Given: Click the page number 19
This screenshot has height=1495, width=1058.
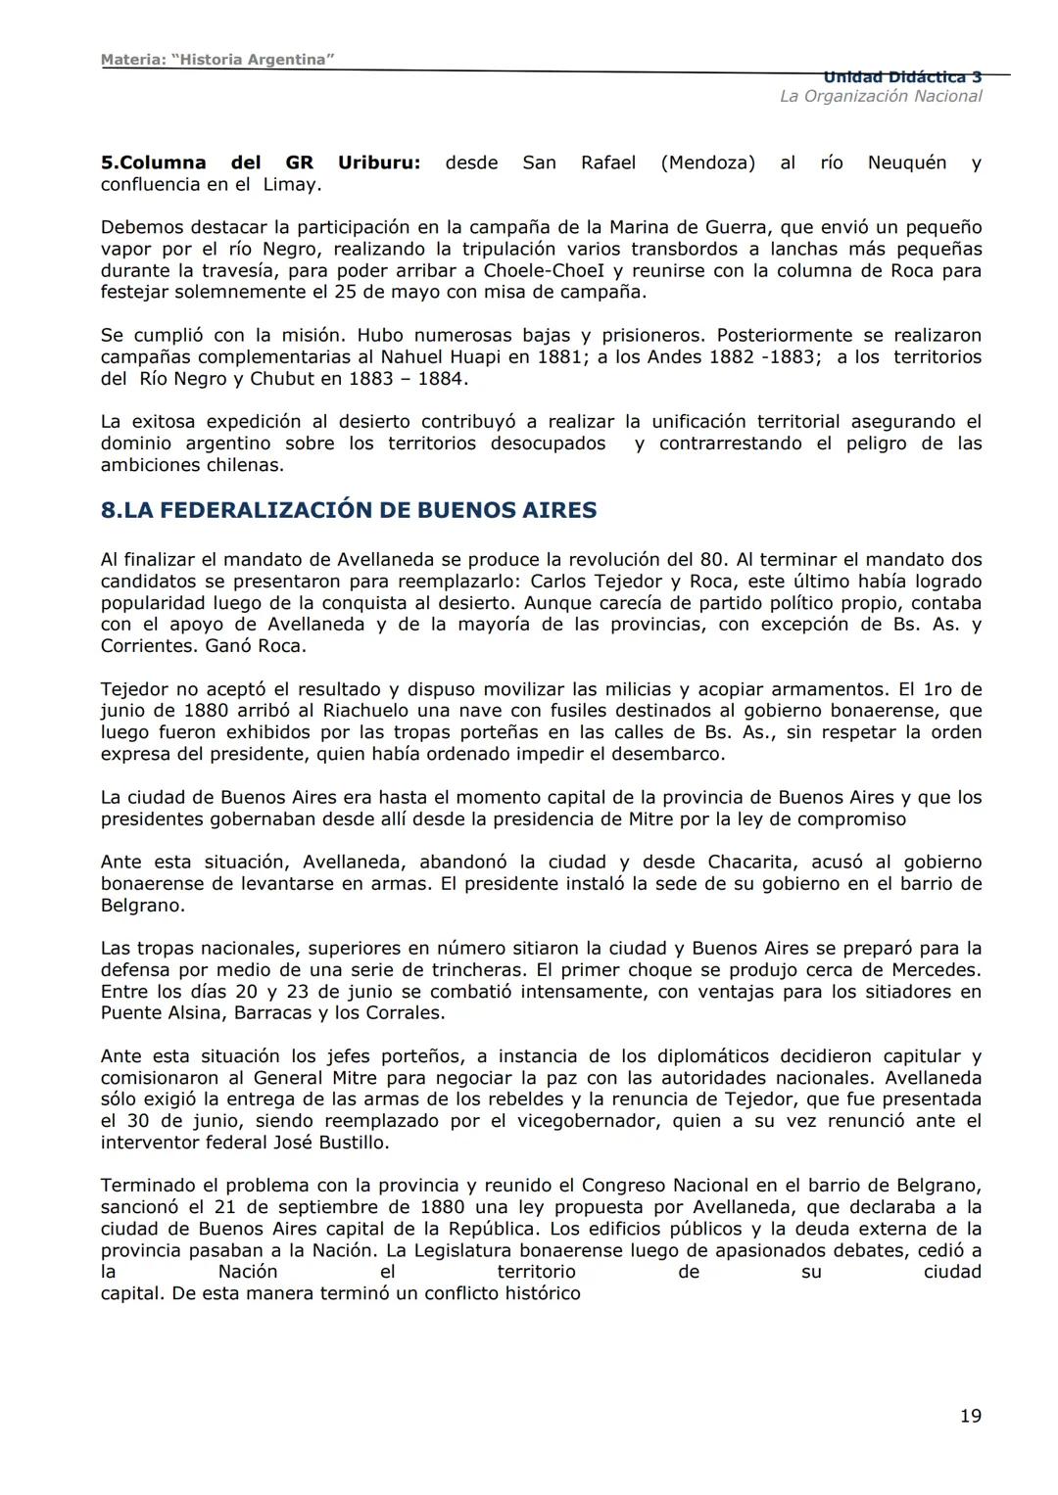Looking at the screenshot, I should [970, 1416].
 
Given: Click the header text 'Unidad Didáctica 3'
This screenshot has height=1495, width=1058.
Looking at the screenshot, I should [902, 77].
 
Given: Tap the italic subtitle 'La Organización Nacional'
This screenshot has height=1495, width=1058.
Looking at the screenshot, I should [880, 96].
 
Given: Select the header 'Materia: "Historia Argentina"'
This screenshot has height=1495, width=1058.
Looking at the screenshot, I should [217, 60].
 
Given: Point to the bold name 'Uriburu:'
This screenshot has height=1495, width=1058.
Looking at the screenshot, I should [379, 163].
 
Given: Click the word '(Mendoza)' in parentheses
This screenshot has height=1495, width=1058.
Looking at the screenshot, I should [707, 163].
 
